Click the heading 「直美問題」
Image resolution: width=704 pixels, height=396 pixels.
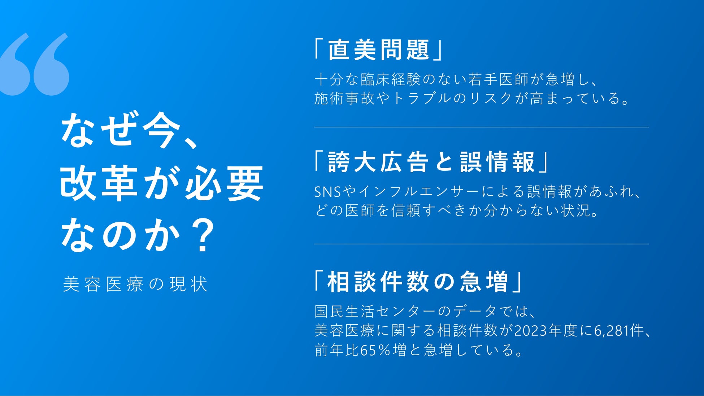[x=378, y=50]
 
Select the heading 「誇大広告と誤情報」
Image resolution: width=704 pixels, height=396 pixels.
[x=431, y=162]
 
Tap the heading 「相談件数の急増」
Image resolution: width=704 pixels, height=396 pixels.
[x=418, y=282]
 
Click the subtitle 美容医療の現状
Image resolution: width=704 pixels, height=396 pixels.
[x=135, y=284]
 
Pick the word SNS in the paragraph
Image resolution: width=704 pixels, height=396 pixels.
[x=327, y=192]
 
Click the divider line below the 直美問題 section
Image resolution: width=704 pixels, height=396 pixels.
[x=481, y=127]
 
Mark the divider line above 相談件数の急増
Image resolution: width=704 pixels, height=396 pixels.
[x=481, y=244]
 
